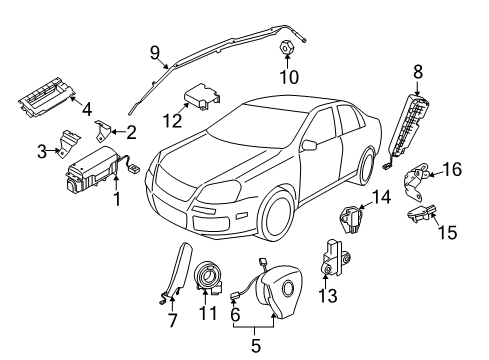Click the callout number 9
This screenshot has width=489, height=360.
pyautogui.click(x=155, y=53)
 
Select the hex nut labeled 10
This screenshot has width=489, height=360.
pyautogui.click(x=286, y=47)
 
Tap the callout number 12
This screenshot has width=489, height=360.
pyautogui.click(x=173, y=121)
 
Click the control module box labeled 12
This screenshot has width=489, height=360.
pyautogui.click(x=202, y=96)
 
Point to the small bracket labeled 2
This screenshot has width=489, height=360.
pyautogui.click(x=102, y=131)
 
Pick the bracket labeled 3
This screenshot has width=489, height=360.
pyautogui.click(x=69, y=144)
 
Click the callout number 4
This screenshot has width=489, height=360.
pyautogui.click(x=87, y=109)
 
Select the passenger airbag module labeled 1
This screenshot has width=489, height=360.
pyautogui.click(x=94, y=170)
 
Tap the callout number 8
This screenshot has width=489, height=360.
pyautogui.click(x=418, y=72)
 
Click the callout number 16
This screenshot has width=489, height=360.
pyautogui.click(x=452, y=169)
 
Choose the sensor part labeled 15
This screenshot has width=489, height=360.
pyautogui.click(x=421, y=213)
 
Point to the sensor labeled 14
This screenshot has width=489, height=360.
pyautogui.click(x=351, y=219)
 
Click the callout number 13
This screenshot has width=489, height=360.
pyautogui.click(x=328, y=295)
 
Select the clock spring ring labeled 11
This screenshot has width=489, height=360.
pyautogui.click(x=209, y=277)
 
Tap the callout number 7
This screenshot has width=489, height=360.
pyautogui.click(x=172, y=321)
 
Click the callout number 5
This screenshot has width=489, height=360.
pyautogui.click(x=255, y=346)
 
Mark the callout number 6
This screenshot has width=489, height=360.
pyautogui.click(x=235, y=315)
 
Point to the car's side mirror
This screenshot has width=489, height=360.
pyautogui.click(x=309, y=145)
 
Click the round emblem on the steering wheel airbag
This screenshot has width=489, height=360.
pyautogui.click(x=287, y=288)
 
